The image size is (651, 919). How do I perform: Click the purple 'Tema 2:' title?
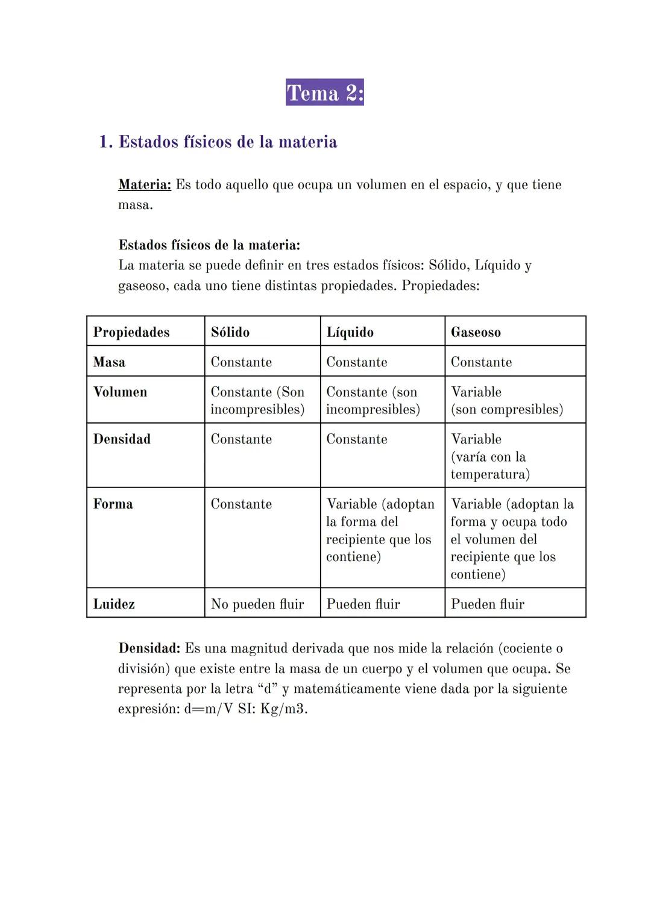[x=325, y=93]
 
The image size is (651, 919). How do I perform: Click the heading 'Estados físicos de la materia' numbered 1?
[x=227, y=142]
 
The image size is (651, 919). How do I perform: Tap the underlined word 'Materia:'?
[x=145, y=184]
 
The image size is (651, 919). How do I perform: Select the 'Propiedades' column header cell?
[x=131, y=332]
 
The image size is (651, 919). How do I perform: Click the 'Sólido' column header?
[x=230, y=332]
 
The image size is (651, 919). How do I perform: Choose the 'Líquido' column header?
[x=350, y=332]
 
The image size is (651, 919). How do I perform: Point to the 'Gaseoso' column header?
[x=476, y=332]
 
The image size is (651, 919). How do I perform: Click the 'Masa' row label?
[x=109, y=362]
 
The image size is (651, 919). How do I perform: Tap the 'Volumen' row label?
[x=120, y=392]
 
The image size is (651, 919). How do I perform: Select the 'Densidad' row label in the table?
[x=122, y=439]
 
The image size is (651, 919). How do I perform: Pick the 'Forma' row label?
[x=113, y=504]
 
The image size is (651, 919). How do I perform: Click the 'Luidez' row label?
[x=114, y=604]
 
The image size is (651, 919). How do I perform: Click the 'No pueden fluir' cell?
[x=257, y=604]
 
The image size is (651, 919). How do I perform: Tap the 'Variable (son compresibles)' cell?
[x=506, y=401]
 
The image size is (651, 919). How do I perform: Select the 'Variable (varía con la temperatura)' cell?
[x=489, y=456]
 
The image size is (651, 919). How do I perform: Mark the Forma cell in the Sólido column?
[x=241, y=504]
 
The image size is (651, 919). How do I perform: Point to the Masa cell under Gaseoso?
[x=481, y=362]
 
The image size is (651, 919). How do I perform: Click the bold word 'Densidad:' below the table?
[x=149, y=648]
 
